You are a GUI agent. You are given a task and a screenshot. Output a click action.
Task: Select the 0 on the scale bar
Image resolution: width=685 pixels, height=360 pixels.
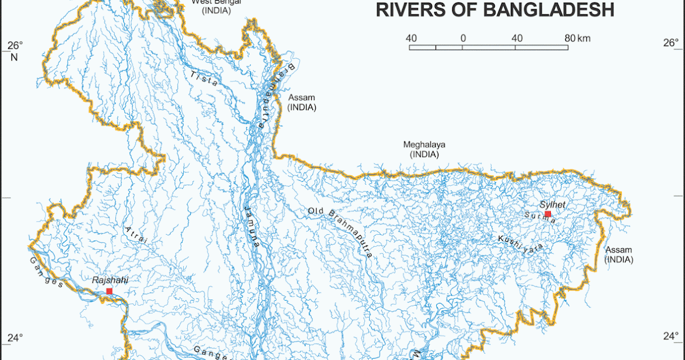pyautogui.click(x=462, y=38)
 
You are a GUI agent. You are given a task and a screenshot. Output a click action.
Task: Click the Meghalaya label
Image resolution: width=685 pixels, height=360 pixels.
pyautogui.click(x=424, y=145)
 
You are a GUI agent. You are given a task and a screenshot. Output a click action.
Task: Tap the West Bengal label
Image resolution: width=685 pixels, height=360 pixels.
pyautogui.click(x=216, y=2)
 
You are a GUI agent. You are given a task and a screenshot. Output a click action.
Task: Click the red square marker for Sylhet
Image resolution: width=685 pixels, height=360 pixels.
pyautogui.click(x=548, y=214)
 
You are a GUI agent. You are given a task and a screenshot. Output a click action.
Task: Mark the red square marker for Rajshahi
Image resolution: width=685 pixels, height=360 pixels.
pyautogui.click(x=109, y=291)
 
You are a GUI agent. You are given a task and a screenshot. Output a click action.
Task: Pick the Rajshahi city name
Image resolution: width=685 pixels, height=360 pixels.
pyautogui.click(x=110, y=281)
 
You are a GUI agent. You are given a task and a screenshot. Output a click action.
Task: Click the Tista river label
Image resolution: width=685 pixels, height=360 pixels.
pyautogui.click(x=204, y=78)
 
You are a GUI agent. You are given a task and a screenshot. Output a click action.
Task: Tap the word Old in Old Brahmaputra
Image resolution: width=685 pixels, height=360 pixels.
pyautogui.click(x=316, y=211)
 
